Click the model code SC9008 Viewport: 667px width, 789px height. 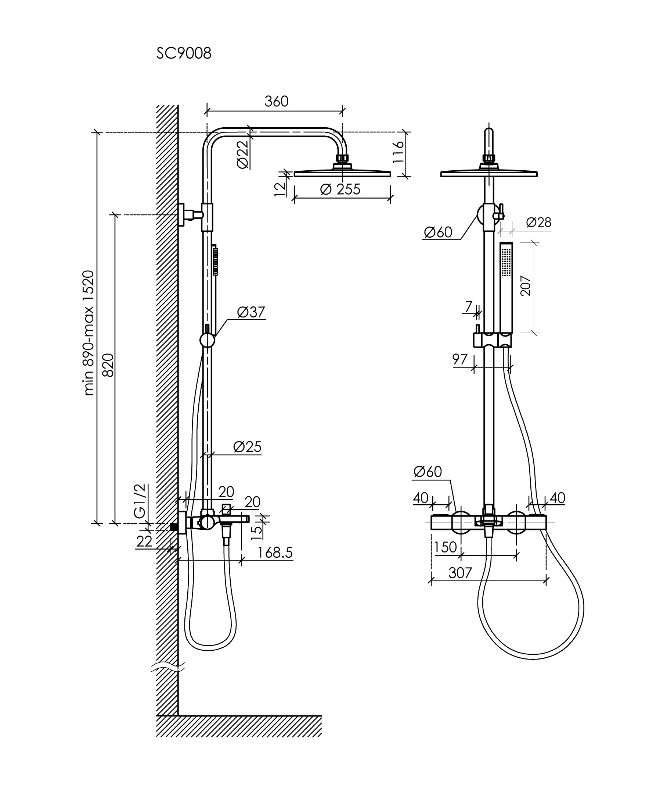(184, 54)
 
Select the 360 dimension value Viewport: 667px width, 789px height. (276, 102)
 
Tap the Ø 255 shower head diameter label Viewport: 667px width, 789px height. (340, 189)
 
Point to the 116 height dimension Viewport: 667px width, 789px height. (398, 152)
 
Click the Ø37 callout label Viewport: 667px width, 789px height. (251, 312)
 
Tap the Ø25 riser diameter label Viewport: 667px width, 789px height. (247, 447)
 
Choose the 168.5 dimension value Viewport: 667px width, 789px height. (275, 553)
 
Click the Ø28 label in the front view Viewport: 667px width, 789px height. (538, 222)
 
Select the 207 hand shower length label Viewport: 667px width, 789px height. (526, 286)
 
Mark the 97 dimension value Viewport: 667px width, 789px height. (460, 359)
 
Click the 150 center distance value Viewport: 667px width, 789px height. (446, 547)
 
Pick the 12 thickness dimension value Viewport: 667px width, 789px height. (280, 189)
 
